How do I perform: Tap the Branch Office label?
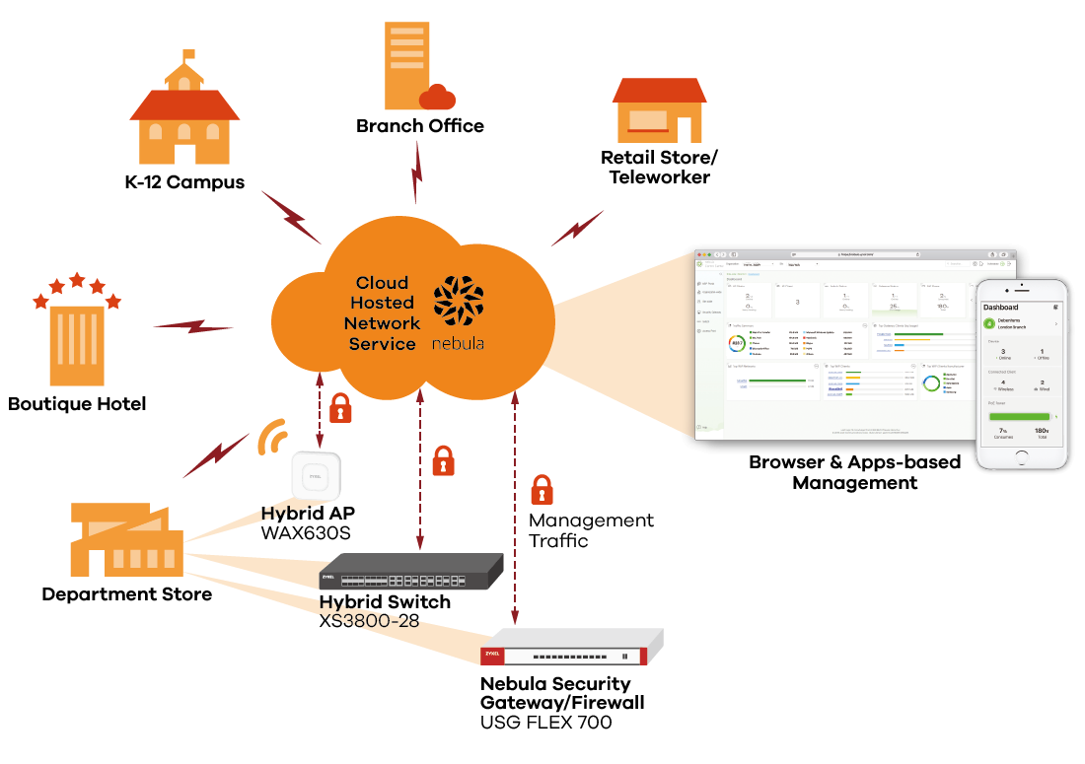pos(420,126)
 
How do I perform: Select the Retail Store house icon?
pos(659,109)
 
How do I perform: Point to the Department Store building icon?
pos(127,539)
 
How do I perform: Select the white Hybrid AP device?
pos(316,474)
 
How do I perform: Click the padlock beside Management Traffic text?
pos(542,490)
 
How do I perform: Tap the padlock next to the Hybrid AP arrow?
pos(340,407)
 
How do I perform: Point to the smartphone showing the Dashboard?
pos(1022,374)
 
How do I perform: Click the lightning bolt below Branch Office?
pos(417,174)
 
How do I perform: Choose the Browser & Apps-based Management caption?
pos(854,472)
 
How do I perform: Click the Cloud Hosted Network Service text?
pos(382,313)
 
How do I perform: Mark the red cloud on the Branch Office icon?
pos(437,96)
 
